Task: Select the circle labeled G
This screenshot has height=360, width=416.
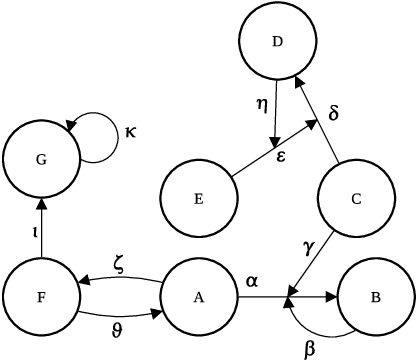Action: [x=41, y=159]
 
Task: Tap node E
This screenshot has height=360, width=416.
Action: [x=199, y=197]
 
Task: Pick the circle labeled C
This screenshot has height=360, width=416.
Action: [x=355, y=197]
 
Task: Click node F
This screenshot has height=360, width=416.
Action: [x=41, y=297]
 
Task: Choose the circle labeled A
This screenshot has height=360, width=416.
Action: [x=199, y=297]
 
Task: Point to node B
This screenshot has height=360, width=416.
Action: [x=376, y=297]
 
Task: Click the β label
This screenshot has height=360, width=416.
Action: [x=309, y=346]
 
